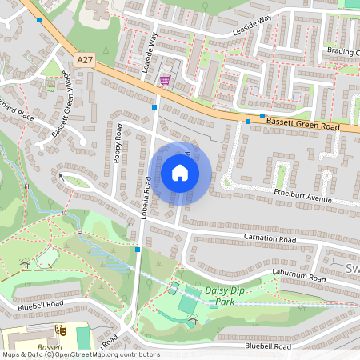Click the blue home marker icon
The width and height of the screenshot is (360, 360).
click(x=180, y=173)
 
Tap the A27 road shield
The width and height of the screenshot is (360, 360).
click(x=86, y=59)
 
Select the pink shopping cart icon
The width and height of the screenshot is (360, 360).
click(x=165, y=80)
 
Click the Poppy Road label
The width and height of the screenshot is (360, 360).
click(x=118, y=143)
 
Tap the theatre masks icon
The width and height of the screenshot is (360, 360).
click(x=59, y=329)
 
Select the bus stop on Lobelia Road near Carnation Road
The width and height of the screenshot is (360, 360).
click(x=138, y=250)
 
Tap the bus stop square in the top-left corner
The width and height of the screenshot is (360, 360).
click(x=39, y=18)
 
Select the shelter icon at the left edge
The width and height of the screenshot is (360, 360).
click(x=25, y=263)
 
